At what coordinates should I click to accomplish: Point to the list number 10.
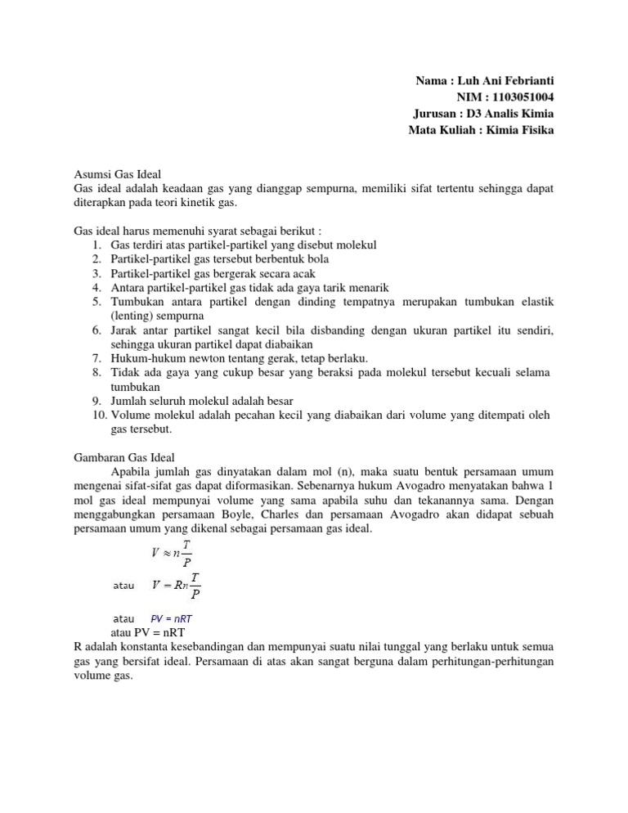point(96,415)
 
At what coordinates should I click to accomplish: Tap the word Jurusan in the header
point(437,114)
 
